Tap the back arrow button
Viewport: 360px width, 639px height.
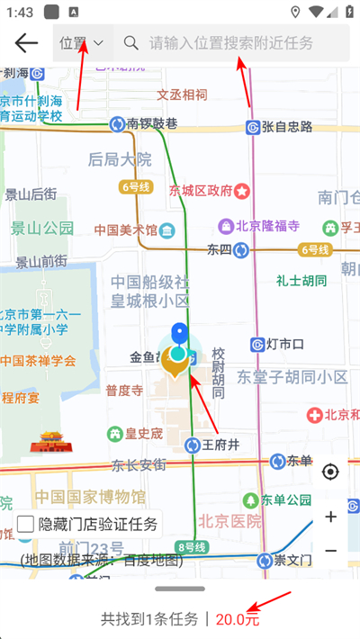click(x=26, y=42)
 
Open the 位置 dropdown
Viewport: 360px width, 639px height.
click(x=82, y=42)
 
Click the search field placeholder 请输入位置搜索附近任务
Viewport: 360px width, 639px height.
click(x=231, y=42)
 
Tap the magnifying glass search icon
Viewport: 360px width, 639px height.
click(x=131, y=42)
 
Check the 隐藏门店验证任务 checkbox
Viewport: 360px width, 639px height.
click(x=26, y=524)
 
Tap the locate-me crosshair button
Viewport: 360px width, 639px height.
click(x=330, y=472)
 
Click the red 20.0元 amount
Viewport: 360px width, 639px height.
click(x=238, y=619)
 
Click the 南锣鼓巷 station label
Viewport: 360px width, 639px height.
click(x=151, y=123)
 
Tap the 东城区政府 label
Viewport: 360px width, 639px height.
click(x=201, y=190)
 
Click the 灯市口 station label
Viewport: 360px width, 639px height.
click(x=285, y=344)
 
